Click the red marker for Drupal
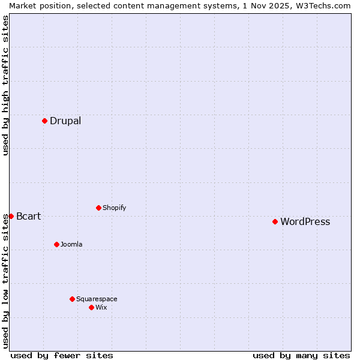(x=44, y=121)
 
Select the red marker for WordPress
(x=275, y=221)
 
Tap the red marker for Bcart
(x=11, y=216)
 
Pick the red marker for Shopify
(x=98, y=208)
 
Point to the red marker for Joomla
(x=56, y=244)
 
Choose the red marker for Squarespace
(x=72, y=299)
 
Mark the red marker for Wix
(x=91, y=307)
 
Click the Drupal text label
(x=65, y=121)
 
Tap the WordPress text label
(x=305, y=221)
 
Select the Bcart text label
(x=29, y=216)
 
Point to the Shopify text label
(x=114, y=208)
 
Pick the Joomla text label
(x=71, y=244)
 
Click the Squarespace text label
(x=97, y=299)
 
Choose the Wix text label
(x=101, y=307)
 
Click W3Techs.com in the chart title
(x=322, y=5)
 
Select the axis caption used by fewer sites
(x=62, y=355)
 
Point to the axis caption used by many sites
(x=301, y=355)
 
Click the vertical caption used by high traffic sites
(x=5, y=85)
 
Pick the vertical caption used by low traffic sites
(x=5, y=281)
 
